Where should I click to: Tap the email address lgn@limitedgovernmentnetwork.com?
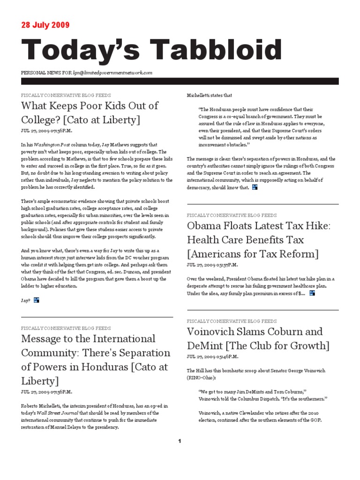[113, 73]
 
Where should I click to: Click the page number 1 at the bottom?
[180, 441]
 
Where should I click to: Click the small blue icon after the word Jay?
[36, 300]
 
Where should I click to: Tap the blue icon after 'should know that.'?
[255, 187]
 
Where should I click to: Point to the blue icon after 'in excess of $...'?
[312, 293]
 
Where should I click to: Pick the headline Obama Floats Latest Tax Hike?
[259, 226]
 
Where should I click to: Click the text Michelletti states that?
[210, 95]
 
